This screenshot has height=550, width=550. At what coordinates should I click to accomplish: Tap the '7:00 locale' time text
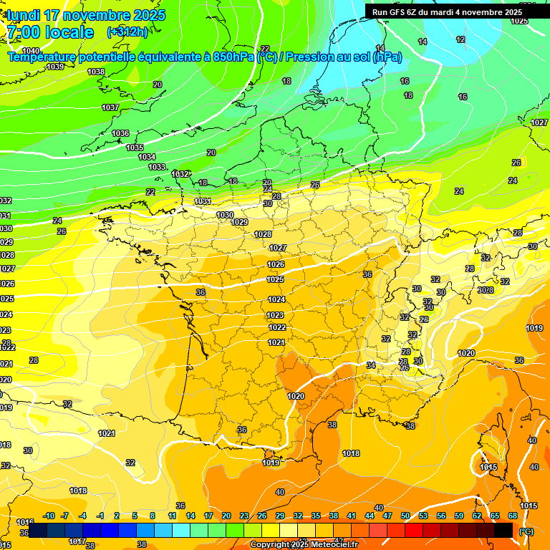coord(49,32)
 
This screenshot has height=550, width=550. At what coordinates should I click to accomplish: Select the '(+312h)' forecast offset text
coord(127,32)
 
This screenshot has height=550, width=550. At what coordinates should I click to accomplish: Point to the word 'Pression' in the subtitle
coord(309,57)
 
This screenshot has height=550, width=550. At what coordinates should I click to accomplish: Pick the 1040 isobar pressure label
coord(31,51)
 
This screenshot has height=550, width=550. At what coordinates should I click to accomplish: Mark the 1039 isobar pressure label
coord(55,67)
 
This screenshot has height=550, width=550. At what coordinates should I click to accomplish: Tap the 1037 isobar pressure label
coord(110,107)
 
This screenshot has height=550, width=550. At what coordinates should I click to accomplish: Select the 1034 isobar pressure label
coord(147,157)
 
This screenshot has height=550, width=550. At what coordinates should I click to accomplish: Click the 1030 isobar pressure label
coord(225,215)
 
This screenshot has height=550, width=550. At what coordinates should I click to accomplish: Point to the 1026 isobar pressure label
coord(276,264)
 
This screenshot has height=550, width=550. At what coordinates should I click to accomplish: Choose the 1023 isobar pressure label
coord(276,315)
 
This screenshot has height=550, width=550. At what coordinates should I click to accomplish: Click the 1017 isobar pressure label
coord(77,541)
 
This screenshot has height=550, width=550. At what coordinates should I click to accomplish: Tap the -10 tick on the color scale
coord(49,516)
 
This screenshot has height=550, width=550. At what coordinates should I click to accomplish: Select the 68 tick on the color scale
coord(513,516)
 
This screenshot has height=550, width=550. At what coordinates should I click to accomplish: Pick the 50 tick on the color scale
coord(405,516)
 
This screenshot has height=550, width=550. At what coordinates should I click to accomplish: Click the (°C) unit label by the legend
coord(527,531)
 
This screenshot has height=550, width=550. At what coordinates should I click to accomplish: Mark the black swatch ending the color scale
coord(503,530)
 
